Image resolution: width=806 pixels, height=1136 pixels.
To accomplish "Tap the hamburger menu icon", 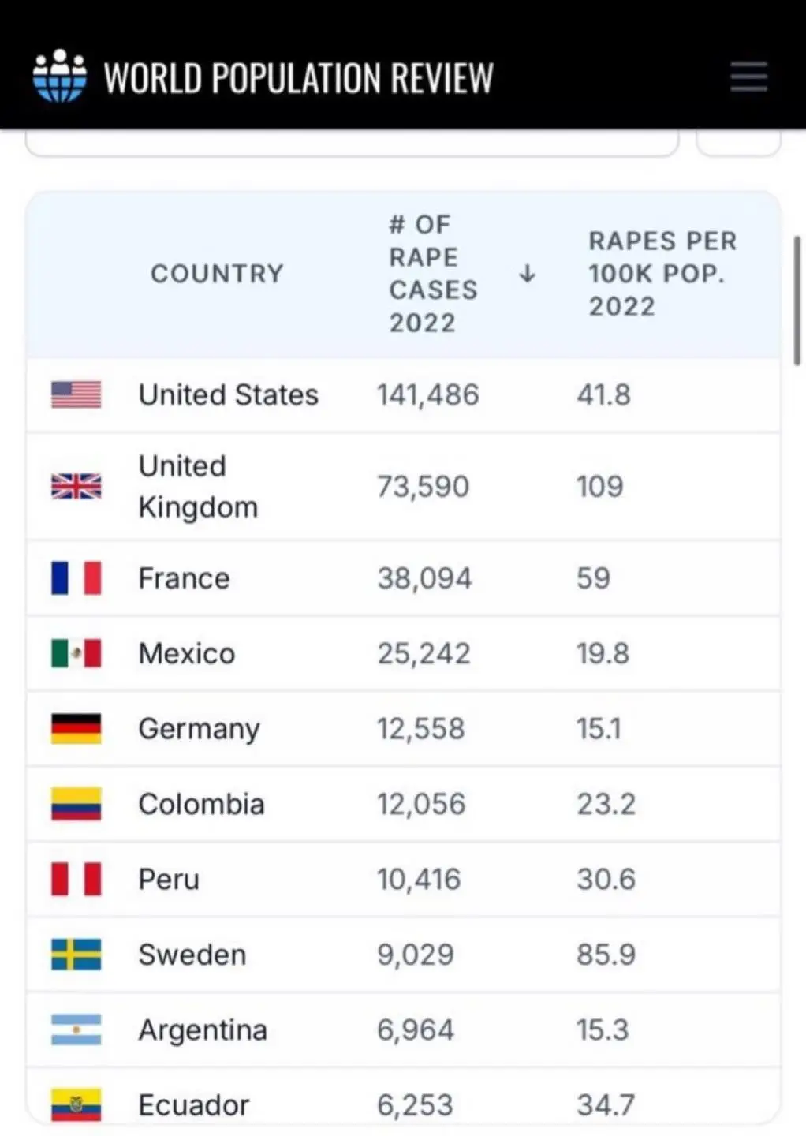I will click(x=748, y=77).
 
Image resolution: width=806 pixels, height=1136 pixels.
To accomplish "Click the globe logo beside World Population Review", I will click(x=59, y=77).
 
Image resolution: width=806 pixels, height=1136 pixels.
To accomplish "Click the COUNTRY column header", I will click(x=217, y=274).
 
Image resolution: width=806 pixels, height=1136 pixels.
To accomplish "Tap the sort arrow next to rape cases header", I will click(x=527, y=274).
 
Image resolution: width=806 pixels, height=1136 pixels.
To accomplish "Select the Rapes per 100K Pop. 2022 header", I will click(x=662, y=274).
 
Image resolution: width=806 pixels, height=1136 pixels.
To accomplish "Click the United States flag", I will click(x=76, y=394).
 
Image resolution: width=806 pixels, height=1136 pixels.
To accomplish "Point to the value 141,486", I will click(x=427, y=394).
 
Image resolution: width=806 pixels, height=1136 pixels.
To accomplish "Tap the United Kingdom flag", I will click(x=76, y=486).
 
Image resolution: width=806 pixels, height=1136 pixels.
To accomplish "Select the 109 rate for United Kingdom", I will click(x=599, y=486).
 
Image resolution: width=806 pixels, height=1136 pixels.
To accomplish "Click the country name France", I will click(x=184, y=578).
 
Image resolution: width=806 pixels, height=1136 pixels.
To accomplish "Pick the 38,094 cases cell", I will click(x=424, y=578).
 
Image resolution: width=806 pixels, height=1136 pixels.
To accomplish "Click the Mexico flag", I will click(x=76, y=653).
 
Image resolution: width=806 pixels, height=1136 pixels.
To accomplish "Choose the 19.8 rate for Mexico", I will click(x=603, y=653).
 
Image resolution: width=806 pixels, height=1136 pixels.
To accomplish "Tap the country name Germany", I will click(x=199, y=729).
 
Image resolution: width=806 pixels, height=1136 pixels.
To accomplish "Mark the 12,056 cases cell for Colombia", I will click(x=421, y=804).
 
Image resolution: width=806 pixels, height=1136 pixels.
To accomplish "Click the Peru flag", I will click(x=76, y=879).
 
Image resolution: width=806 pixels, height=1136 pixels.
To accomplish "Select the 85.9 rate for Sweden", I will click(x=606, y=955).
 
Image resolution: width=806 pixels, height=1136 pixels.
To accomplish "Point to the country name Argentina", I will click(x=203, y=1029).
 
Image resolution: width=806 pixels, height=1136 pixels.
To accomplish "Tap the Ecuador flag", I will click(x=76, y=1104).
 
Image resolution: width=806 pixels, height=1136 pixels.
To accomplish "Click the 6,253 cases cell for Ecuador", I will click(x=415, y=1104).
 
